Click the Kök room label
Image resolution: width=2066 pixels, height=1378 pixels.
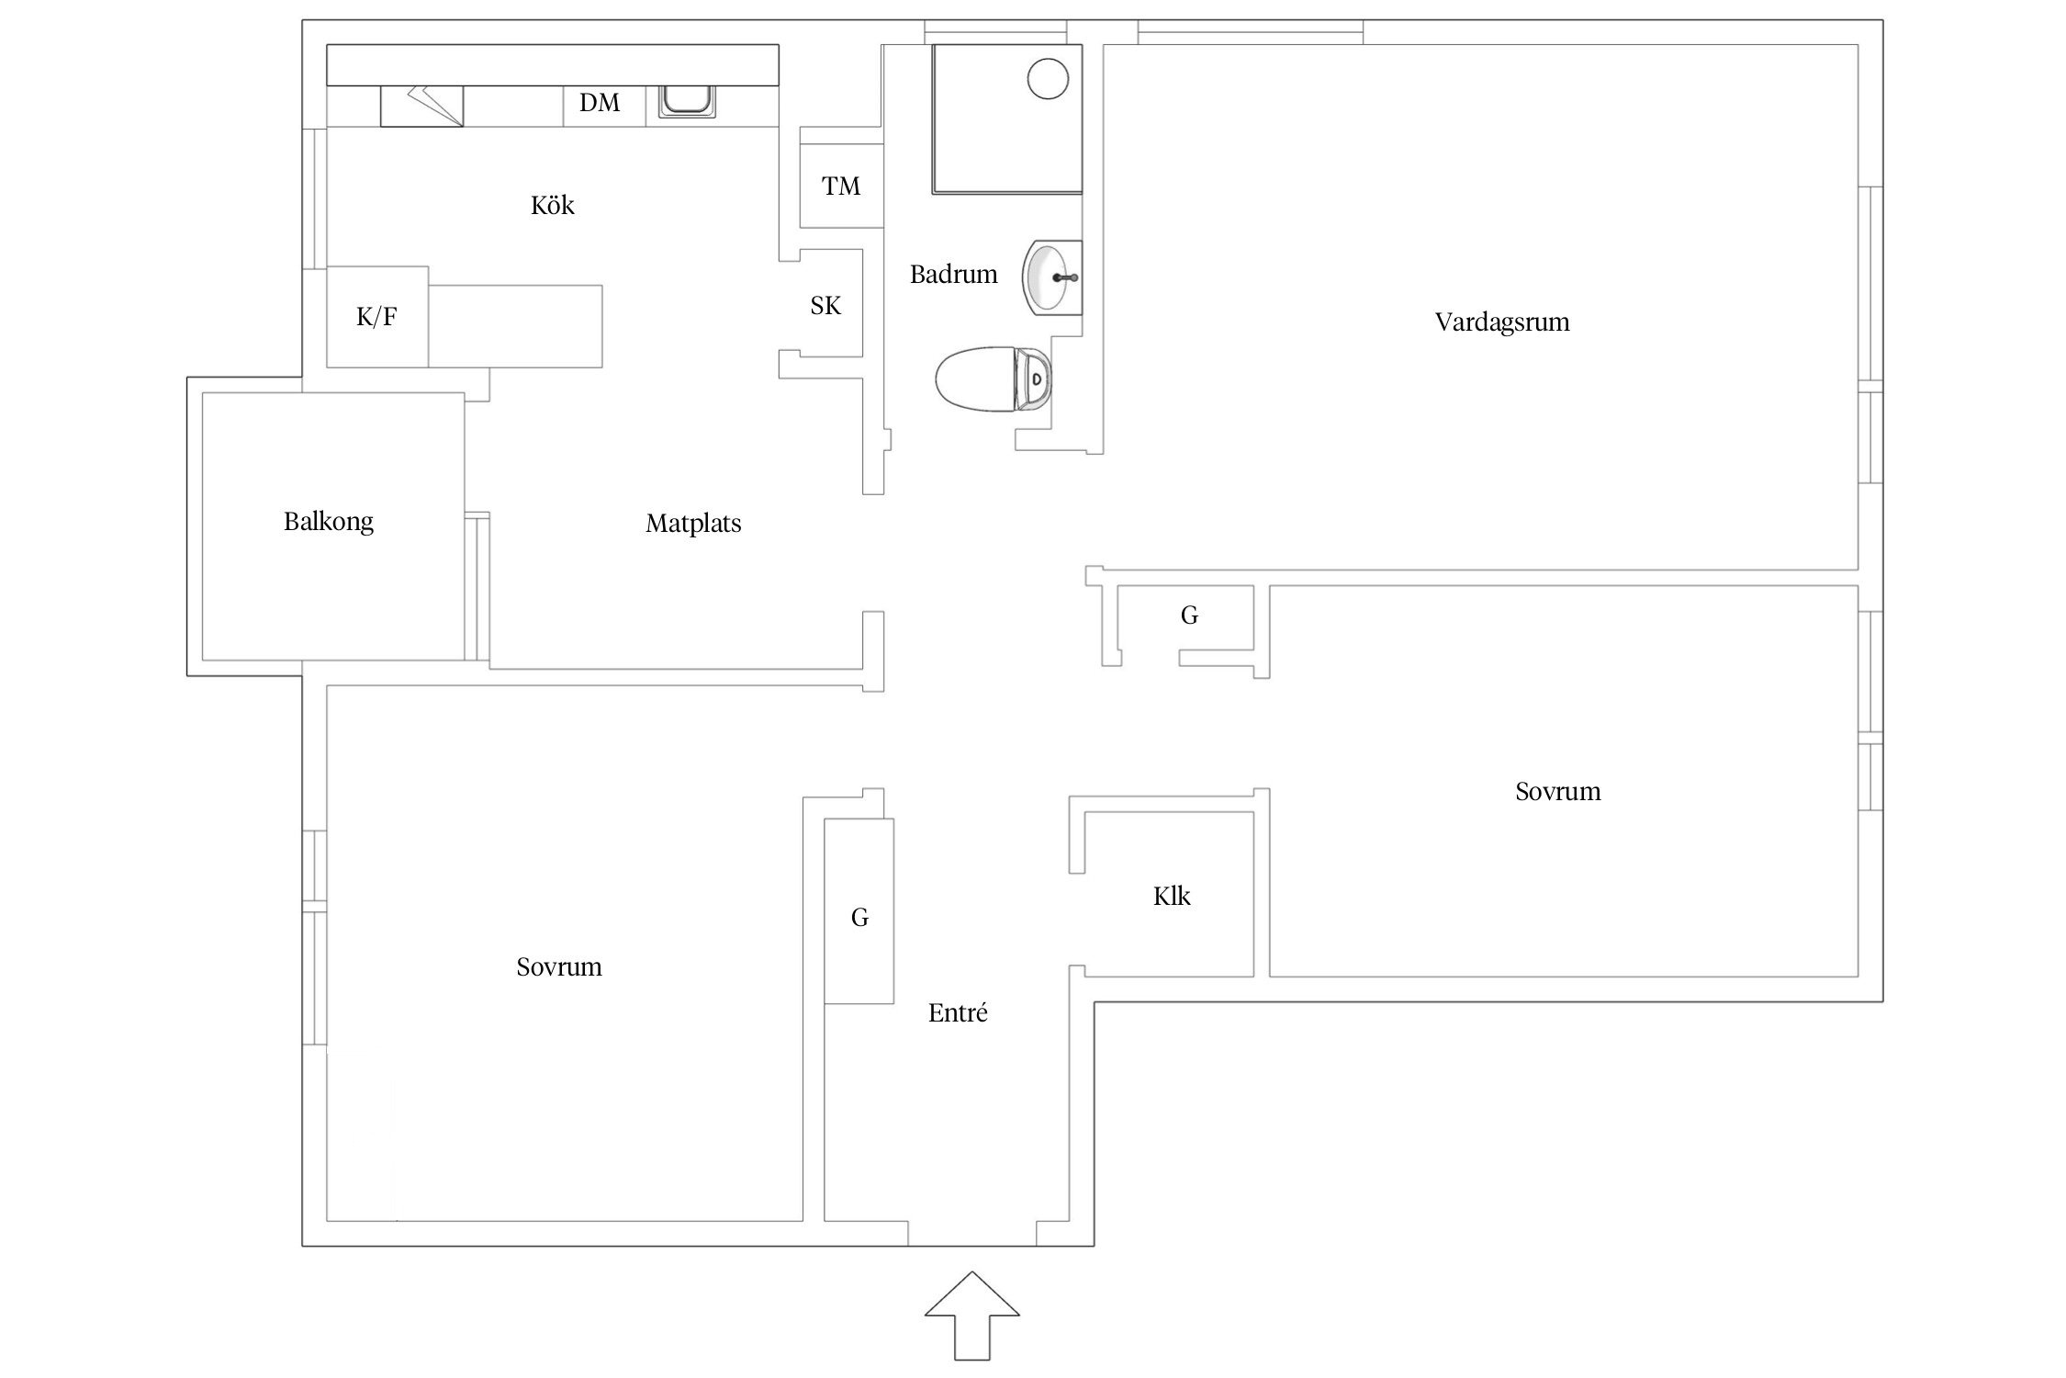tap(552, 205)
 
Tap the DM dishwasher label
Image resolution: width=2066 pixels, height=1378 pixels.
tap(600, 103)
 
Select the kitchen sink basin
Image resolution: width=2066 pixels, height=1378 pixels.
tap(685, 100)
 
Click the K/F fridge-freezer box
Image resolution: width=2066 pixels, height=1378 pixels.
tap(377, 317)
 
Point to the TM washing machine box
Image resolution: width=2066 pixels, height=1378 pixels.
tap(841, 186)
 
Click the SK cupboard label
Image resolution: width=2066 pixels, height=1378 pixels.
tap(825, 305)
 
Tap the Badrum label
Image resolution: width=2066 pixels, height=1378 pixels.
tap(953, 274)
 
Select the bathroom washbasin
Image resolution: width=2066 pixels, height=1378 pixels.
tap(1052, 277)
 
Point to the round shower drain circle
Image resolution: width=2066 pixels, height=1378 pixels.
tap(1048, 78)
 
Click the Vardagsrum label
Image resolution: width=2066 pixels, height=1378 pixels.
tap(1502, 322)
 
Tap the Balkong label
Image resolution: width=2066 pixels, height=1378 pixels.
tap(329, 522)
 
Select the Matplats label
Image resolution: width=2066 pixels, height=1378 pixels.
tap(693, 524)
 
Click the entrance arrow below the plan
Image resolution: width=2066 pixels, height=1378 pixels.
tap(971, 1315)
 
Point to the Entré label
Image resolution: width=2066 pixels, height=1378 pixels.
tap(958, 1012)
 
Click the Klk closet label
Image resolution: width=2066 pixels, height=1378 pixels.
tap(1172, 897)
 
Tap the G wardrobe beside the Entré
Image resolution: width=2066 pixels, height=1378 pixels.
tap(859, 910)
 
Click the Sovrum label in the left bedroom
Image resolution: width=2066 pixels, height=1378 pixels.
tap(559, 966)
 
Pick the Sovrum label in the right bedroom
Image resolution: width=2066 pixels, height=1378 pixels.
tap(1558, 791)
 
